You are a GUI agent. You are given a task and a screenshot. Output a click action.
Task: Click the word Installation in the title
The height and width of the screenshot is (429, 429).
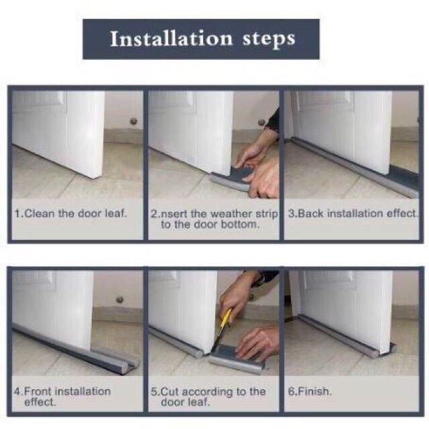(172, 39)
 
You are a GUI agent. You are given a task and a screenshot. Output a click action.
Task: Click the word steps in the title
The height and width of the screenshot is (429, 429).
(269, 40)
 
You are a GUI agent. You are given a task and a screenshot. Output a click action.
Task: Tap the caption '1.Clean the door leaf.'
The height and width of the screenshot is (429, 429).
(71, 213)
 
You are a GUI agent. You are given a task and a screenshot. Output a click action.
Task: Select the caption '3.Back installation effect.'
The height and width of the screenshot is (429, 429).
(353, 213)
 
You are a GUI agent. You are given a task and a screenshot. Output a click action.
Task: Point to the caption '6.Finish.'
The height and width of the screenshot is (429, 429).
(310, 391)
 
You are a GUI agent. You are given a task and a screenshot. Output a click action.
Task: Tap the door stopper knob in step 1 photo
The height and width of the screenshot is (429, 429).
(133, 121)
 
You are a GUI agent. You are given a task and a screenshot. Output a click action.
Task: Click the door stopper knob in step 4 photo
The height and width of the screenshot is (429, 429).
(120, 300)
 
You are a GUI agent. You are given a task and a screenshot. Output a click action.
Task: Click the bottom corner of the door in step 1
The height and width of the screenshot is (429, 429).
(95, 177)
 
